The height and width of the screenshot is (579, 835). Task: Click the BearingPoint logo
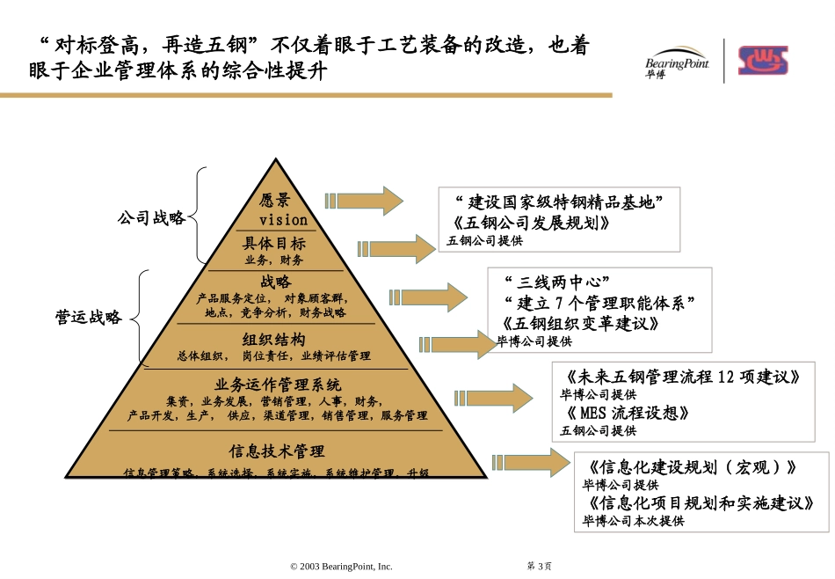675,61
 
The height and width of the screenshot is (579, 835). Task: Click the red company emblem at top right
762,61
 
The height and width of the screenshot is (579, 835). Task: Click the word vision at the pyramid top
283,219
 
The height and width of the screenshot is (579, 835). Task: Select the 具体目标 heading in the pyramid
274,244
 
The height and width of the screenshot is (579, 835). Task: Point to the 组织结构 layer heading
274,339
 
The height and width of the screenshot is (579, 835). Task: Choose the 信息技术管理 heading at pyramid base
277,451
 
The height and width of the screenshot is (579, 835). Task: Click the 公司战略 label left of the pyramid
152,218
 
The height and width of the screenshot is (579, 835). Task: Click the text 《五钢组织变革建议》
580,324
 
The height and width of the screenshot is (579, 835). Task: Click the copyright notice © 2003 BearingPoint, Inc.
341,567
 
